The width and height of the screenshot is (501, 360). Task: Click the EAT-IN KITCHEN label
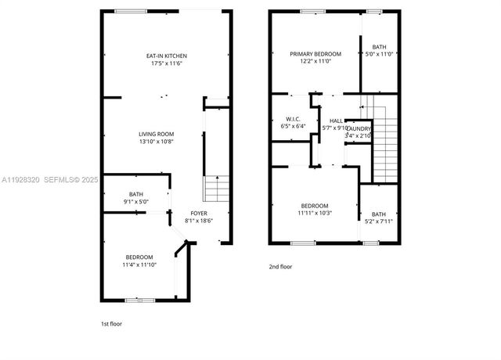tap(166, 56)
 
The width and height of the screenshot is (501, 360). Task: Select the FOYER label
tap(199, 213)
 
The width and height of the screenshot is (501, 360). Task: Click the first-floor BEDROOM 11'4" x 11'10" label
tap(139, 257)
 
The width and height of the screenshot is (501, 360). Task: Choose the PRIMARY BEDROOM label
tap(311, 54)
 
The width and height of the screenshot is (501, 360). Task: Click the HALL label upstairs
tap(336, 121)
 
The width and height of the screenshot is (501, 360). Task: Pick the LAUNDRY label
tap(359, 128)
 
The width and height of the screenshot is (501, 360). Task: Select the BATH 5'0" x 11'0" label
tap(379, 47)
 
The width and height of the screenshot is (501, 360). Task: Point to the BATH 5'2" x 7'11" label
tap(379, 214)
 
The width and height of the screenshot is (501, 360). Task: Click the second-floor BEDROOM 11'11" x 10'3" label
tap(315, 206)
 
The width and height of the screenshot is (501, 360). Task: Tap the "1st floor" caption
tap(111, 323)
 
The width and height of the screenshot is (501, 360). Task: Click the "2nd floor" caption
tap(280, 266)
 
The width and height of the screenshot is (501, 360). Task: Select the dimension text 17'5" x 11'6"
tap(166, 63)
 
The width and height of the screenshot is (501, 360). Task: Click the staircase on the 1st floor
tap(217, 189)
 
